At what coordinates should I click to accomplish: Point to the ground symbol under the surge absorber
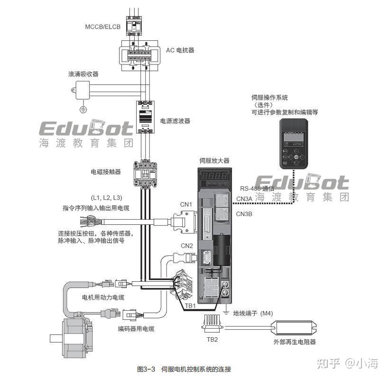(x=83, y=110)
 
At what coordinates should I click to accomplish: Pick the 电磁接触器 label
(x=105, y=171)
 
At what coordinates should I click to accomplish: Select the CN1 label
(x=186, y=204)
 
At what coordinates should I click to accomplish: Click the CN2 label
(x=186, y=246)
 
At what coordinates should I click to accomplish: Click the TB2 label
(x=212, y=340)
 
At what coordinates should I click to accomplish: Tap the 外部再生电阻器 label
(x=294, y=342)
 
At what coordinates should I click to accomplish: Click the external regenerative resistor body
(x=294, y=327)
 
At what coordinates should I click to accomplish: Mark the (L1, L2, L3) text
(x=106, y=197)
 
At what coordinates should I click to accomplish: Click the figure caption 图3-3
(x=147, y=369)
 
